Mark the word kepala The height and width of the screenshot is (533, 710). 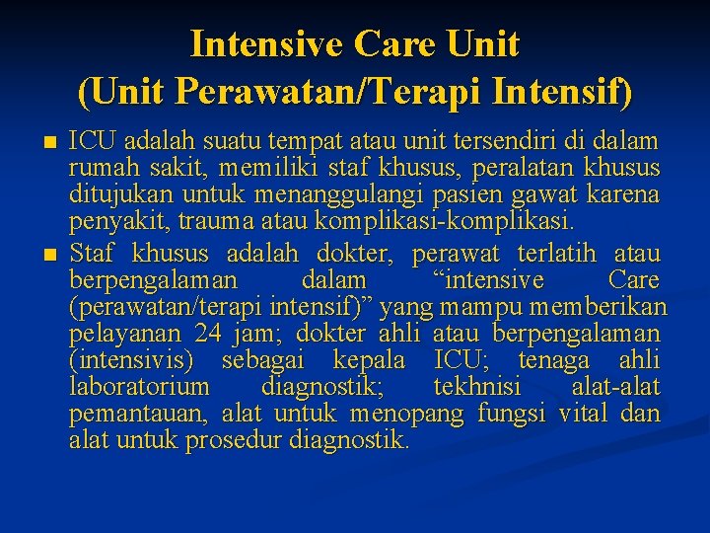[369, 360]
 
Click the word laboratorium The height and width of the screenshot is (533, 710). [139, 386]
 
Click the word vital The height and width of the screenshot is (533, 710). [584, 414]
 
